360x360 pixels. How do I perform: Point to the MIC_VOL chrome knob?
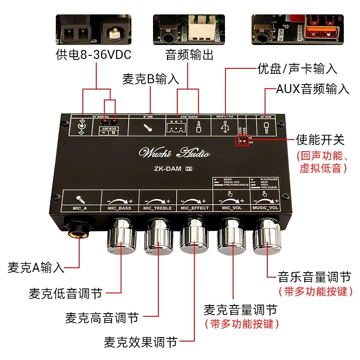click(x=232, y=235)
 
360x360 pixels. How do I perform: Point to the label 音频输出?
click(x=189, y=55)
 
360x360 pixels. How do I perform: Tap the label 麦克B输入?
click(x=151, y=79)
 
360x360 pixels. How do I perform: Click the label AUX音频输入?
click(x=312, y=89)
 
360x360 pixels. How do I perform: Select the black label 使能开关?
click(x=320, y=139)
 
